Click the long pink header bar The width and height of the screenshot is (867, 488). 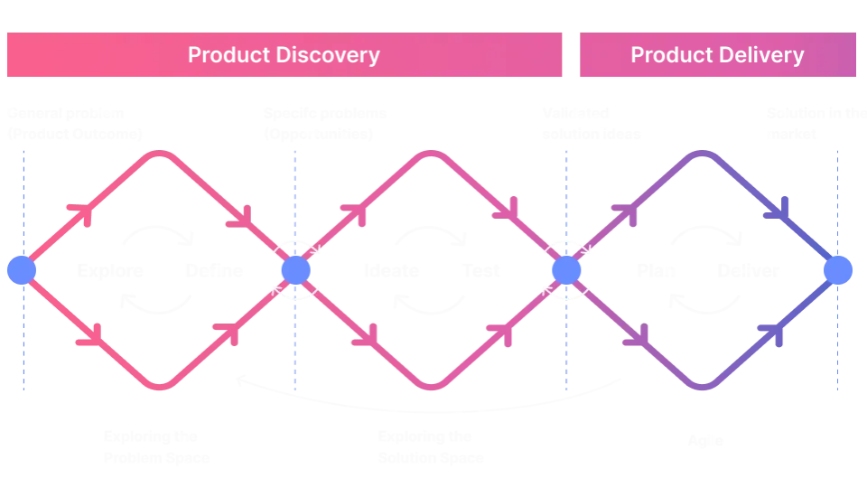tap(284, 55)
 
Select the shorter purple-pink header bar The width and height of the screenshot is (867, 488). tap(718, 55)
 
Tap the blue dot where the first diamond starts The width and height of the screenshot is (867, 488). tap(21, 270)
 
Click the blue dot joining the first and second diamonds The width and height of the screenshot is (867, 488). tap(294, 270)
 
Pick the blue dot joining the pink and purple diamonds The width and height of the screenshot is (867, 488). tap(565, 270)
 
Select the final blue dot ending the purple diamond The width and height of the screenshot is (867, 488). tap(838, 270)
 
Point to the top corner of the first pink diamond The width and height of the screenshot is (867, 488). tap(160, 154)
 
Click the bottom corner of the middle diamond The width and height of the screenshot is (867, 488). tap(431, 388)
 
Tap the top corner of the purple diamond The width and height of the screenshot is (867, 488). tap(704, 154)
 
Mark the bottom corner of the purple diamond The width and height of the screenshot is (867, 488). tap(704, 388)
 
